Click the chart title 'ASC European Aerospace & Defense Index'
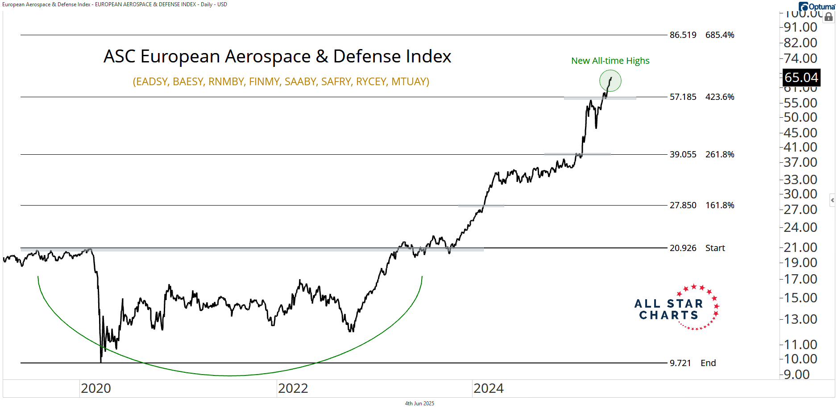277,57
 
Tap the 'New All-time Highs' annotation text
610,61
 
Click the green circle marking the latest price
610,81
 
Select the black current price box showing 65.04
801,78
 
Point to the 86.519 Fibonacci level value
683,35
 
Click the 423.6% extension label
719,97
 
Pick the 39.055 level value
683,154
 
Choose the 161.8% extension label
719,205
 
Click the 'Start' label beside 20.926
715,248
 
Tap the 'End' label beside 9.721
708,363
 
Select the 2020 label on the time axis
96,388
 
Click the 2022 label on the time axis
293,388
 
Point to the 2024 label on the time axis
489,388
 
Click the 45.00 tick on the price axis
801,132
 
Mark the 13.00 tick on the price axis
801,319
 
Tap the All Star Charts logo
676,308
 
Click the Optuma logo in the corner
817,7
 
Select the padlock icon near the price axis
829,17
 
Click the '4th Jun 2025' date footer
419,404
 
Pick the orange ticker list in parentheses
281,82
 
